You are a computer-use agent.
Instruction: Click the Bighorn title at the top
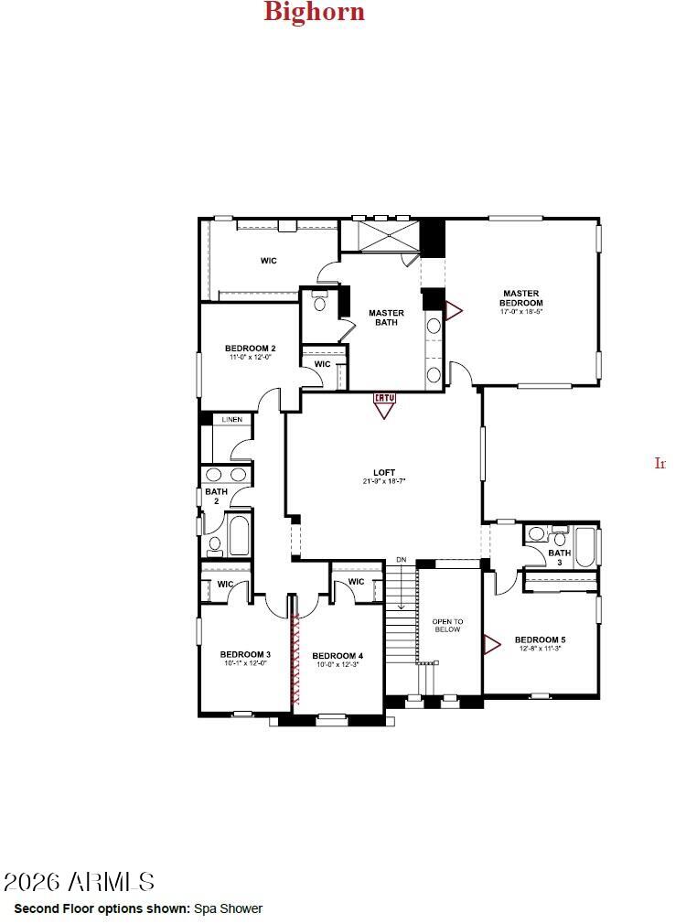314,12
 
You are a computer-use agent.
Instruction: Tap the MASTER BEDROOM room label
521,299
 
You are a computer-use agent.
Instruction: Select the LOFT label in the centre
384,473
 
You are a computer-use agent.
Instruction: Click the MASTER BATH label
386,317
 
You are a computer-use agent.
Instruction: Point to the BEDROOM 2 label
250,349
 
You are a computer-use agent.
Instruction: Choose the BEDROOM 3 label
245,654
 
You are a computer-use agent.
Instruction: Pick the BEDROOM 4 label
338,656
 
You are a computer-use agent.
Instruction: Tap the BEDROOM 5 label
540,639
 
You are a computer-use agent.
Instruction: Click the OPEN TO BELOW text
447,626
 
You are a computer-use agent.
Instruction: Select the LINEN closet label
232,420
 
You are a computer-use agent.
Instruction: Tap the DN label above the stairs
401,560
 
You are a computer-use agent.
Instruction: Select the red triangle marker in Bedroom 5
491,644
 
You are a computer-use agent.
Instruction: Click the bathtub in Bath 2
239,536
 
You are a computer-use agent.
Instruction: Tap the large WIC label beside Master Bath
268,262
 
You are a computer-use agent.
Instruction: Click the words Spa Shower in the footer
228,908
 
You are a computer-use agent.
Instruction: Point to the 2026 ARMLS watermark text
79,882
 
